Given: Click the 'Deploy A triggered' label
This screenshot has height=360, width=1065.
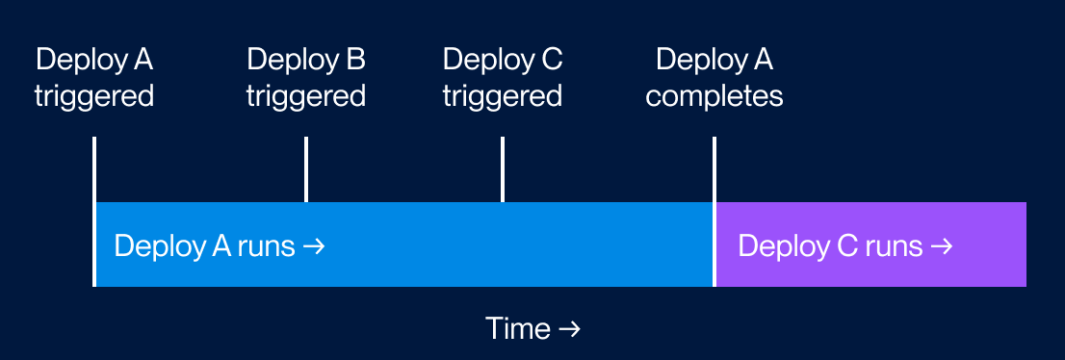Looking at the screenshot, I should (x=94, y=78).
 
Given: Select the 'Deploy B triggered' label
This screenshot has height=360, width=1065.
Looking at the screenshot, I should (x=306, y=78).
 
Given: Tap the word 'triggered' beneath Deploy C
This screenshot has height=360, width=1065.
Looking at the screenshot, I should (x=503, y=96).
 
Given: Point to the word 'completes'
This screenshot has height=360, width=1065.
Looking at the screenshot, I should (x=714, y=96).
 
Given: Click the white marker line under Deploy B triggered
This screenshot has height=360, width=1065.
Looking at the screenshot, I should (x=306, y=169).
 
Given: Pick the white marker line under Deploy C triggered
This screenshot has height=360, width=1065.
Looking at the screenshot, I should (x=503, y=169).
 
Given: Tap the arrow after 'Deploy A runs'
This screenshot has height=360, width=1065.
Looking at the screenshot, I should (x=314, y=246).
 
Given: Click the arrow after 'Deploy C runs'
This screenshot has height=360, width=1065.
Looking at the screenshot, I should (x=940, y=246).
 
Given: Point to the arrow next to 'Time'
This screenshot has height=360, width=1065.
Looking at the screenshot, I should (x=569, y=329).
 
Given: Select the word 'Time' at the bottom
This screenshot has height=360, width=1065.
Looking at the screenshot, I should (x=517, y=329).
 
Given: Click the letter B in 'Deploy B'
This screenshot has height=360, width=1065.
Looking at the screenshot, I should (x=354, y=60).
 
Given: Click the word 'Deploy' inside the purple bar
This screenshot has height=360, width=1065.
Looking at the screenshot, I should (x=779, y=246).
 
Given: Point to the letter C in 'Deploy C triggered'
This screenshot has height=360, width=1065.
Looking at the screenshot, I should (x=551, y=60).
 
